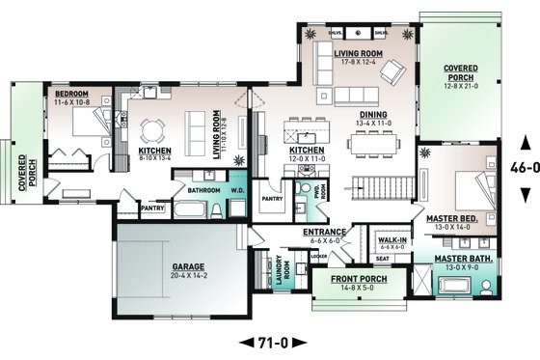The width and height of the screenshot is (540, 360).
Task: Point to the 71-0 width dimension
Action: click(x=269, y=341)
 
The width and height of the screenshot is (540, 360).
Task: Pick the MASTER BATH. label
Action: click(x=458, y=258)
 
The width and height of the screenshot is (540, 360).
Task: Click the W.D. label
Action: click(x=235, y=190)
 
